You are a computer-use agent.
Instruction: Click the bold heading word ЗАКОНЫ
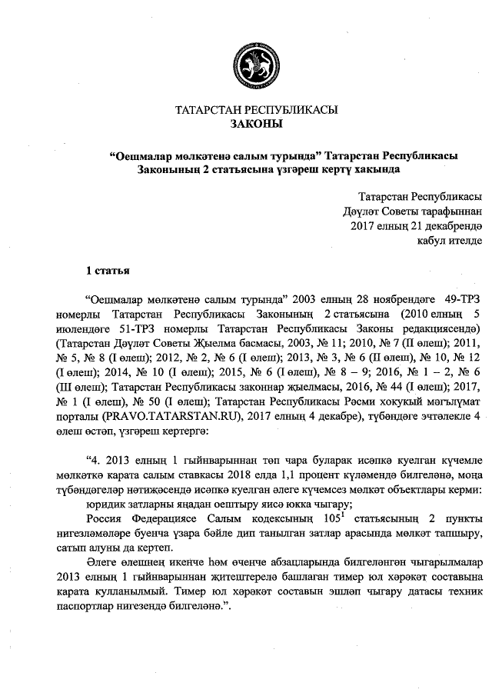click(x=256, y=124)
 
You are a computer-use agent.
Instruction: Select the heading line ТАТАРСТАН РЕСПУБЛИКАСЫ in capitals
click(x=256, y=110)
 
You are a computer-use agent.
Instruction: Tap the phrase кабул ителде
click(x=449, y=240)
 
